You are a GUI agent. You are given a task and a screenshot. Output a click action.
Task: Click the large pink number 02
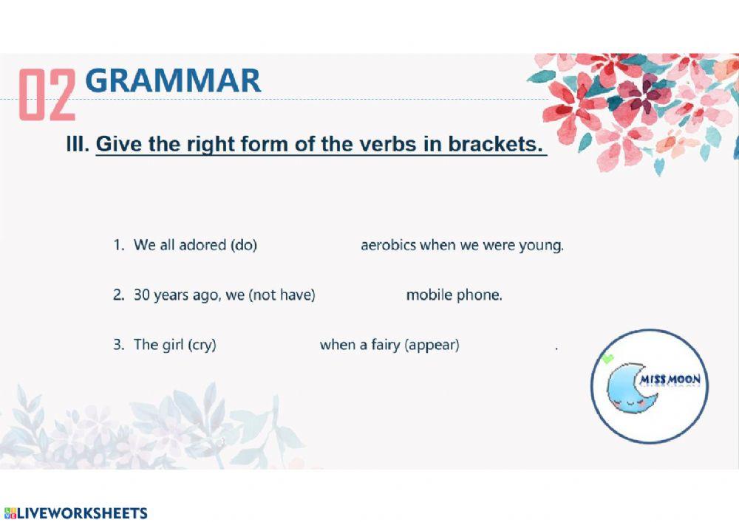pos(47,94)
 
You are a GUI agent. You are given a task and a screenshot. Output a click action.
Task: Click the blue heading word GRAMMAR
pos(173,80)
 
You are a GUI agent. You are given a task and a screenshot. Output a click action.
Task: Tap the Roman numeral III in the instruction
pos(77,144)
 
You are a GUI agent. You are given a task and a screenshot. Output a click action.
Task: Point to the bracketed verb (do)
pos(244,245)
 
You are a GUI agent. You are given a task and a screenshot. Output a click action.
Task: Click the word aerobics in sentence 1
pos(388,245)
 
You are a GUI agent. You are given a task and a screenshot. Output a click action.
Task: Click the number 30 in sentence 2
pos(141,295)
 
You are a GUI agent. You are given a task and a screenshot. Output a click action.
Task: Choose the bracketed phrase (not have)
pos(282,295)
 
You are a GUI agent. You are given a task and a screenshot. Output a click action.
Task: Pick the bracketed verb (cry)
pos(202,345)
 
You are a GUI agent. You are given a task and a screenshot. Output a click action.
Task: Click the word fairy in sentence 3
pos(386,345)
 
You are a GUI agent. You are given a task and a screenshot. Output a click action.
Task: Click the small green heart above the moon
pos(607,360)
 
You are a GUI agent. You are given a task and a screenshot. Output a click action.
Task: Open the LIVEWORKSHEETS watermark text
pos(81,513)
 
